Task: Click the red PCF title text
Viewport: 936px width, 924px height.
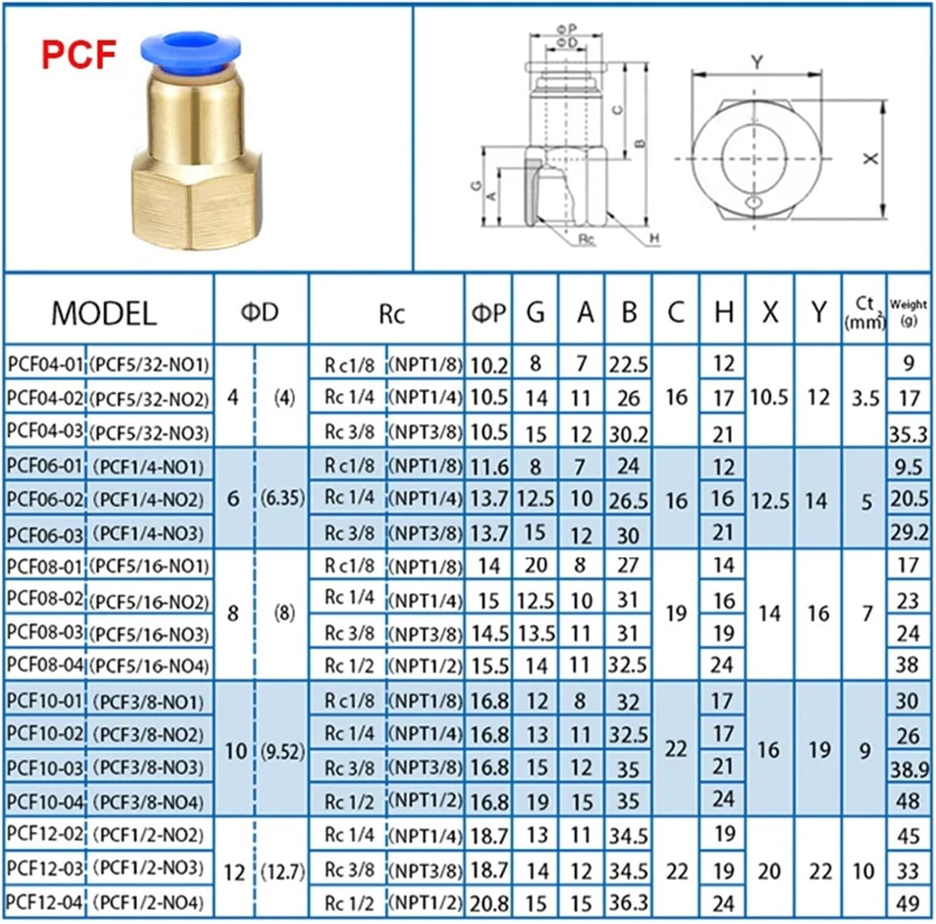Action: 79,55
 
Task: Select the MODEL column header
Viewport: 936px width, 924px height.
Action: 104,313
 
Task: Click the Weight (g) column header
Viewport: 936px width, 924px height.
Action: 908,311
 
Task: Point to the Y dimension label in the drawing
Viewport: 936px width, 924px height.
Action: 756,63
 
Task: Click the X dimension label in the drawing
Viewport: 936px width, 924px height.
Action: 870,158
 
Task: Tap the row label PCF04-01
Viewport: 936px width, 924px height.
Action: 45,364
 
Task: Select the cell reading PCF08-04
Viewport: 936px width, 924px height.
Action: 45,665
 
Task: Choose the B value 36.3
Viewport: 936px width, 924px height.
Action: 628,902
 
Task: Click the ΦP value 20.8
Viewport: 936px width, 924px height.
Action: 489,903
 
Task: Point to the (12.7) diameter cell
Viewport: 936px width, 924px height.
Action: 283,871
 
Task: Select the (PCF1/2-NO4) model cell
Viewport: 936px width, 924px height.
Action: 149,902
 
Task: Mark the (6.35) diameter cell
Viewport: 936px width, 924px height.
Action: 283,498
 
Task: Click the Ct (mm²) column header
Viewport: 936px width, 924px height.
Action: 864,312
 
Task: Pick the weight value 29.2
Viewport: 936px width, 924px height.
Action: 909,532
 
